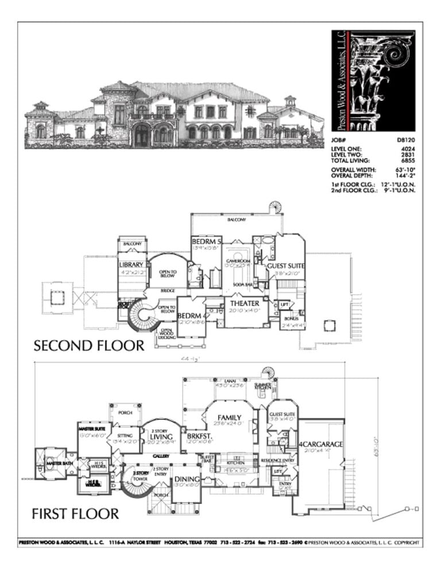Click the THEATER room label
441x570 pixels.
245,303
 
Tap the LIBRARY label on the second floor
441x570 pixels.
131,265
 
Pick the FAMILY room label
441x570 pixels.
229,417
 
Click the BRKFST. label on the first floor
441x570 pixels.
196,436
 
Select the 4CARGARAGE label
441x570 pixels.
320,443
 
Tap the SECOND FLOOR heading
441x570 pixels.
88,345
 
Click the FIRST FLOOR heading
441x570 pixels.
76,512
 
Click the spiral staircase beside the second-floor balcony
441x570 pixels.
277,206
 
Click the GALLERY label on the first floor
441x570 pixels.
160,455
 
